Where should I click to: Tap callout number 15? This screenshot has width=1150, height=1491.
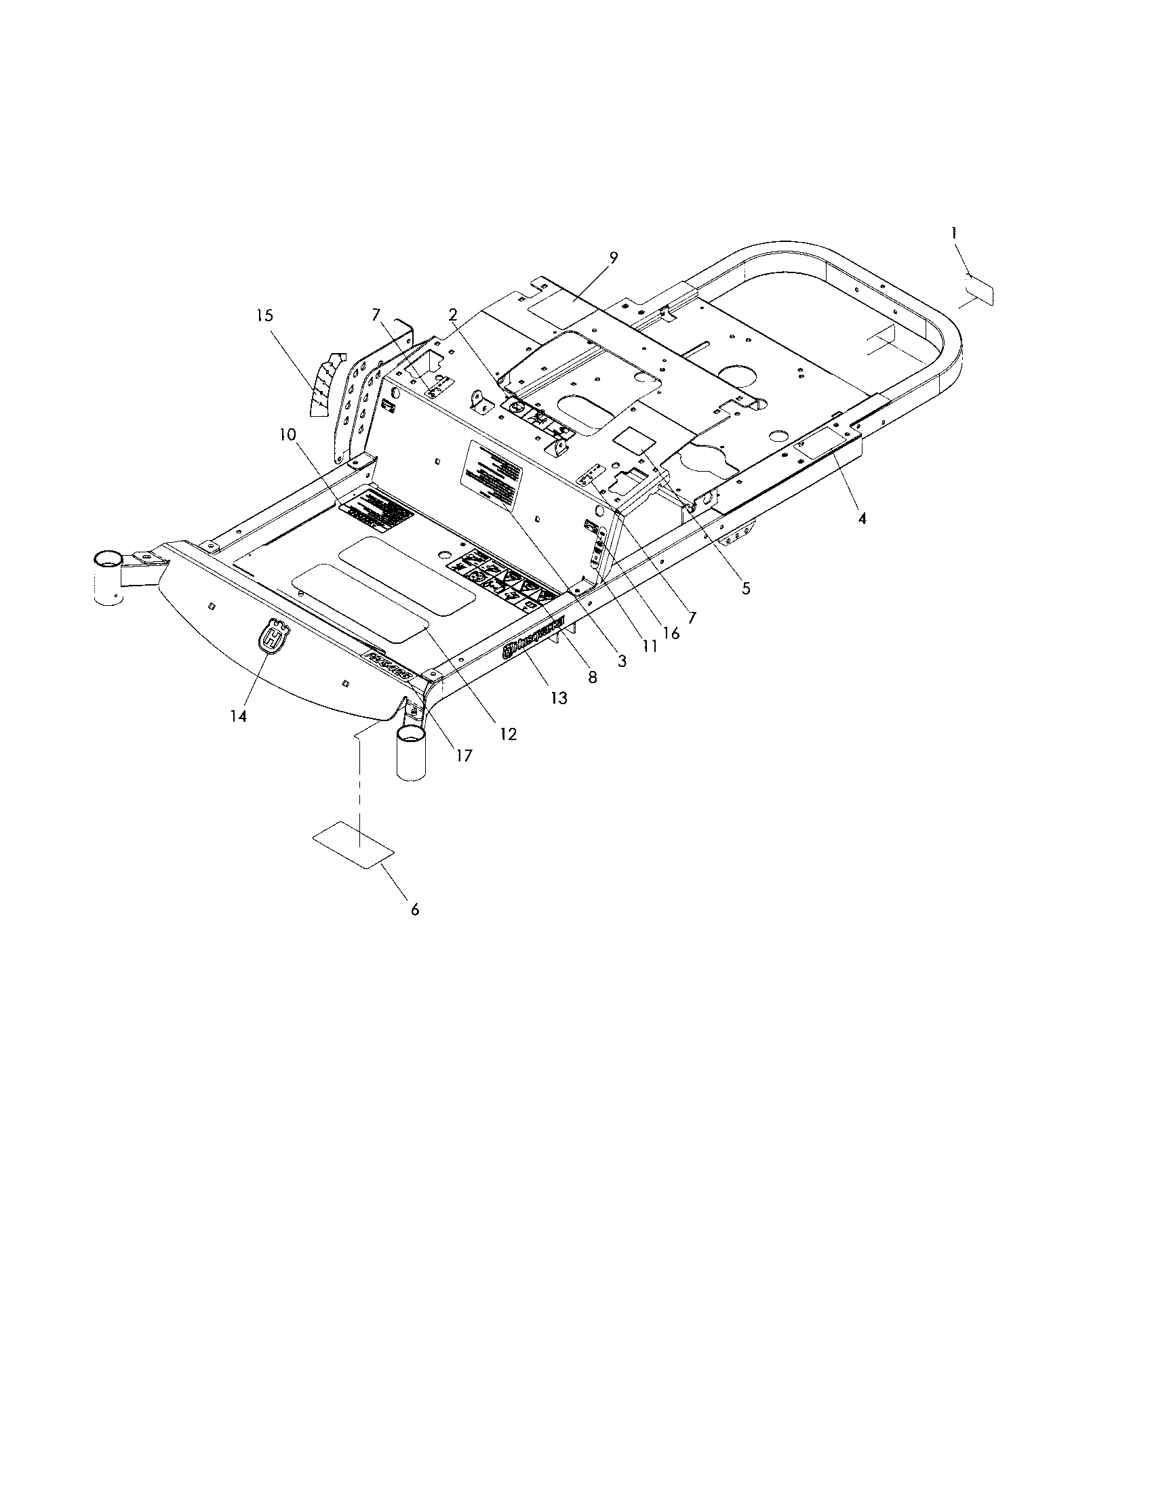(x=265, y=315)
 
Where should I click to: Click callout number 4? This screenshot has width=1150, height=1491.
(x=862, y=518)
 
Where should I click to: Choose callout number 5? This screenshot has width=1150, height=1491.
(x=746, y=588)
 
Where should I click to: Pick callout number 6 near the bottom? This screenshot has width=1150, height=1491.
(x=414, y=910)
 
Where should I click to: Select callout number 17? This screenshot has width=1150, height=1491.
(x=464, y=756)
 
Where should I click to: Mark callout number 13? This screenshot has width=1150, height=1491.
(x=559, y=697)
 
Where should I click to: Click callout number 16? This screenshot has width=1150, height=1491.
(x=671, y=633)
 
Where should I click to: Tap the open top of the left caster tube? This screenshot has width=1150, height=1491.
(x=108, y=560)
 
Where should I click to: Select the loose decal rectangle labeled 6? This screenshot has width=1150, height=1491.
(x=353, y=845)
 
